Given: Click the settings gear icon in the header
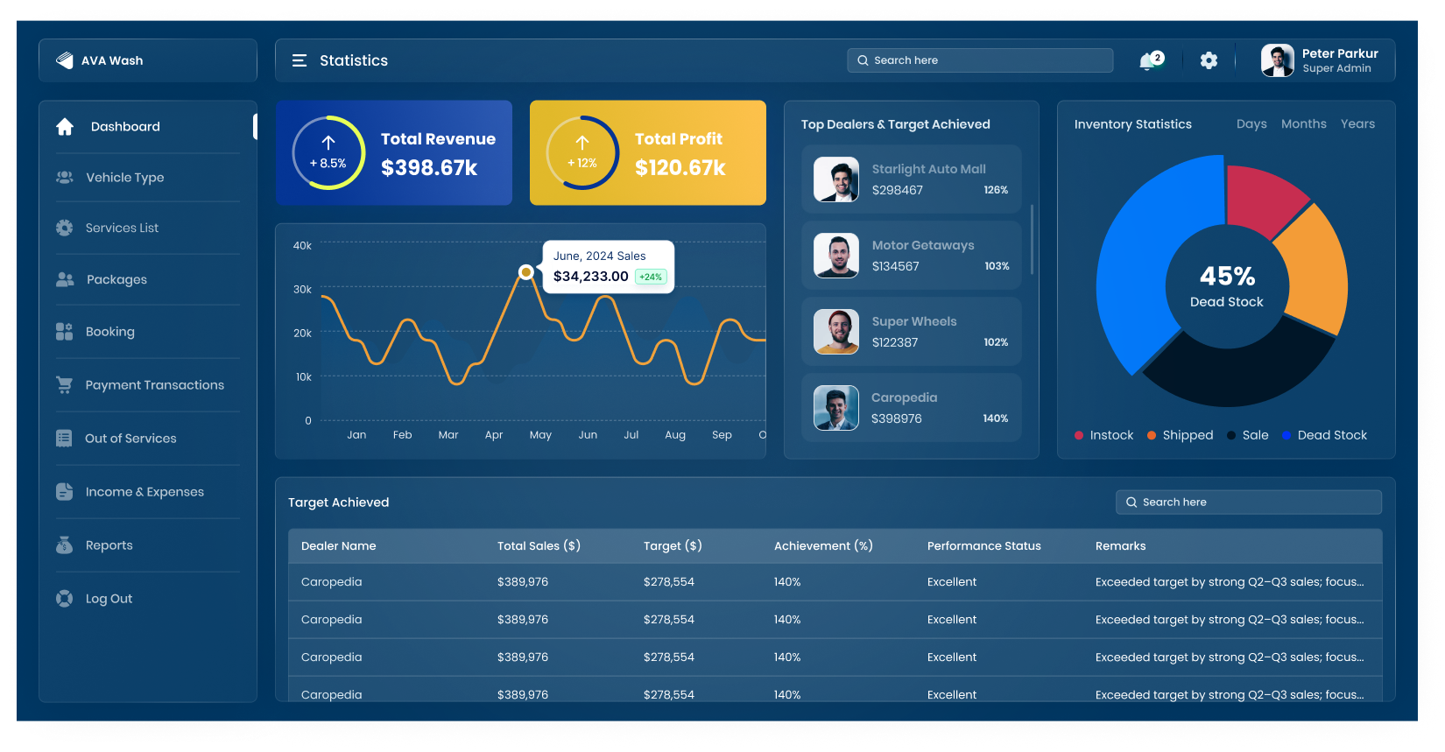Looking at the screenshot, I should [1209, 60].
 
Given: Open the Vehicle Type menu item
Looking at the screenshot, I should [124, 178].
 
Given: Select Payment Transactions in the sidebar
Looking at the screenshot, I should [154, 385].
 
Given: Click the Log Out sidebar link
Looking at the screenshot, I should [109, 599].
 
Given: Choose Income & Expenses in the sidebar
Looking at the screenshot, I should [144, 492].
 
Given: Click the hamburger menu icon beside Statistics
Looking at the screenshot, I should [300, 60].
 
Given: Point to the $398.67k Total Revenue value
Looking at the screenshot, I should [429, 168].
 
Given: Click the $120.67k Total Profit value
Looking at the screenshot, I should [680, 168].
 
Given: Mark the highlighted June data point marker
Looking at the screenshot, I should [525, 272].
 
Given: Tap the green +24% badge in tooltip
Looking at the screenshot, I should [651, 277].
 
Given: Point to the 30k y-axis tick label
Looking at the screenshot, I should [302, 290].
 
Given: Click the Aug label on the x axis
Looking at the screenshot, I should [675, 435].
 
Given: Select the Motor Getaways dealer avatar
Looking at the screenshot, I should [836, 256].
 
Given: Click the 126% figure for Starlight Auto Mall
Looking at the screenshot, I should [996, 190].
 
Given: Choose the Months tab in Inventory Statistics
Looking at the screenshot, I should [1303, 124].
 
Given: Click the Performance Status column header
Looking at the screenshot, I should [983, 546].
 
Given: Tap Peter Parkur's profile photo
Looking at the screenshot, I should [1277, 60].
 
